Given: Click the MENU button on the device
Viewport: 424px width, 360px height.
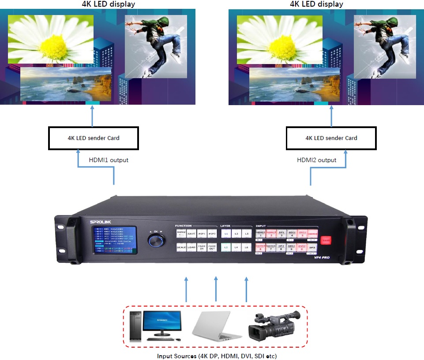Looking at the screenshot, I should coord(181,233).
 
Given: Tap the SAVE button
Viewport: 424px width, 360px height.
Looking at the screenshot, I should coord(191,234).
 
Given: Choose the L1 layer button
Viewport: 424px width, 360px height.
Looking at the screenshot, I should coord(226,234).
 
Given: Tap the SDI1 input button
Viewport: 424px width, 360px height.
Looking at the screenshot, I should coord(292,234).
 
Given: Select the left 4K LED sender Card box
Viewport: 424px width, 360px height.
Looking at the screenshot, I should coord(94,138).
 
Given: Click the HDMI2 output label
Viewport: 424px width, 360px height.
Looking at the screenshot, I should coord(316,160).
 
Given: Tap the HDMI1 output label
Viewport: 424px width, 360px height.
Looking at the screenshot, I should coord(108,160).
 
